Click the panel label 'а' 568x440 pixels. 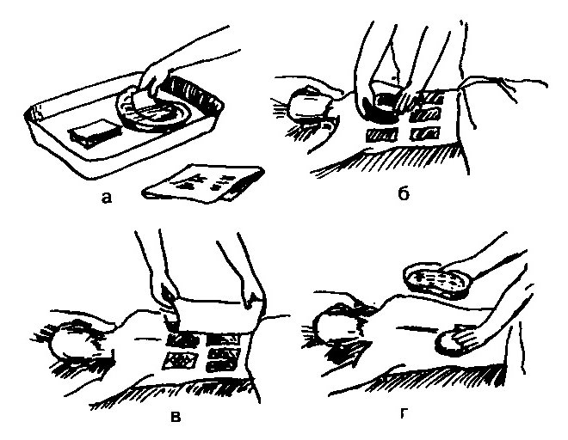pyautogui.click(x=107, y=198)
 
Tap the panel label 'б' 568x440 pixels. pyautogui.click(x=403, y=192)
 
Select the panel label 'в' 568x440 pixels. pyautogui.click(x=176, y=417)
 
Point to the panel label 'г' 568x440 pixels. pyautogui.click(x=403, y=414)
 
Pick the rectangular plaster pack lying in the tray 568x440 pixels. pyautogui.click(x=94, y=133)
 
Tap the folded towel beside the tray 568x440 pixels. pyautogui.click(x=204, y=183)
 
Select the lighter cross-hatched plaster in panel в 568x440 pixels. pyautogui.click(x=180, y=360)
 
